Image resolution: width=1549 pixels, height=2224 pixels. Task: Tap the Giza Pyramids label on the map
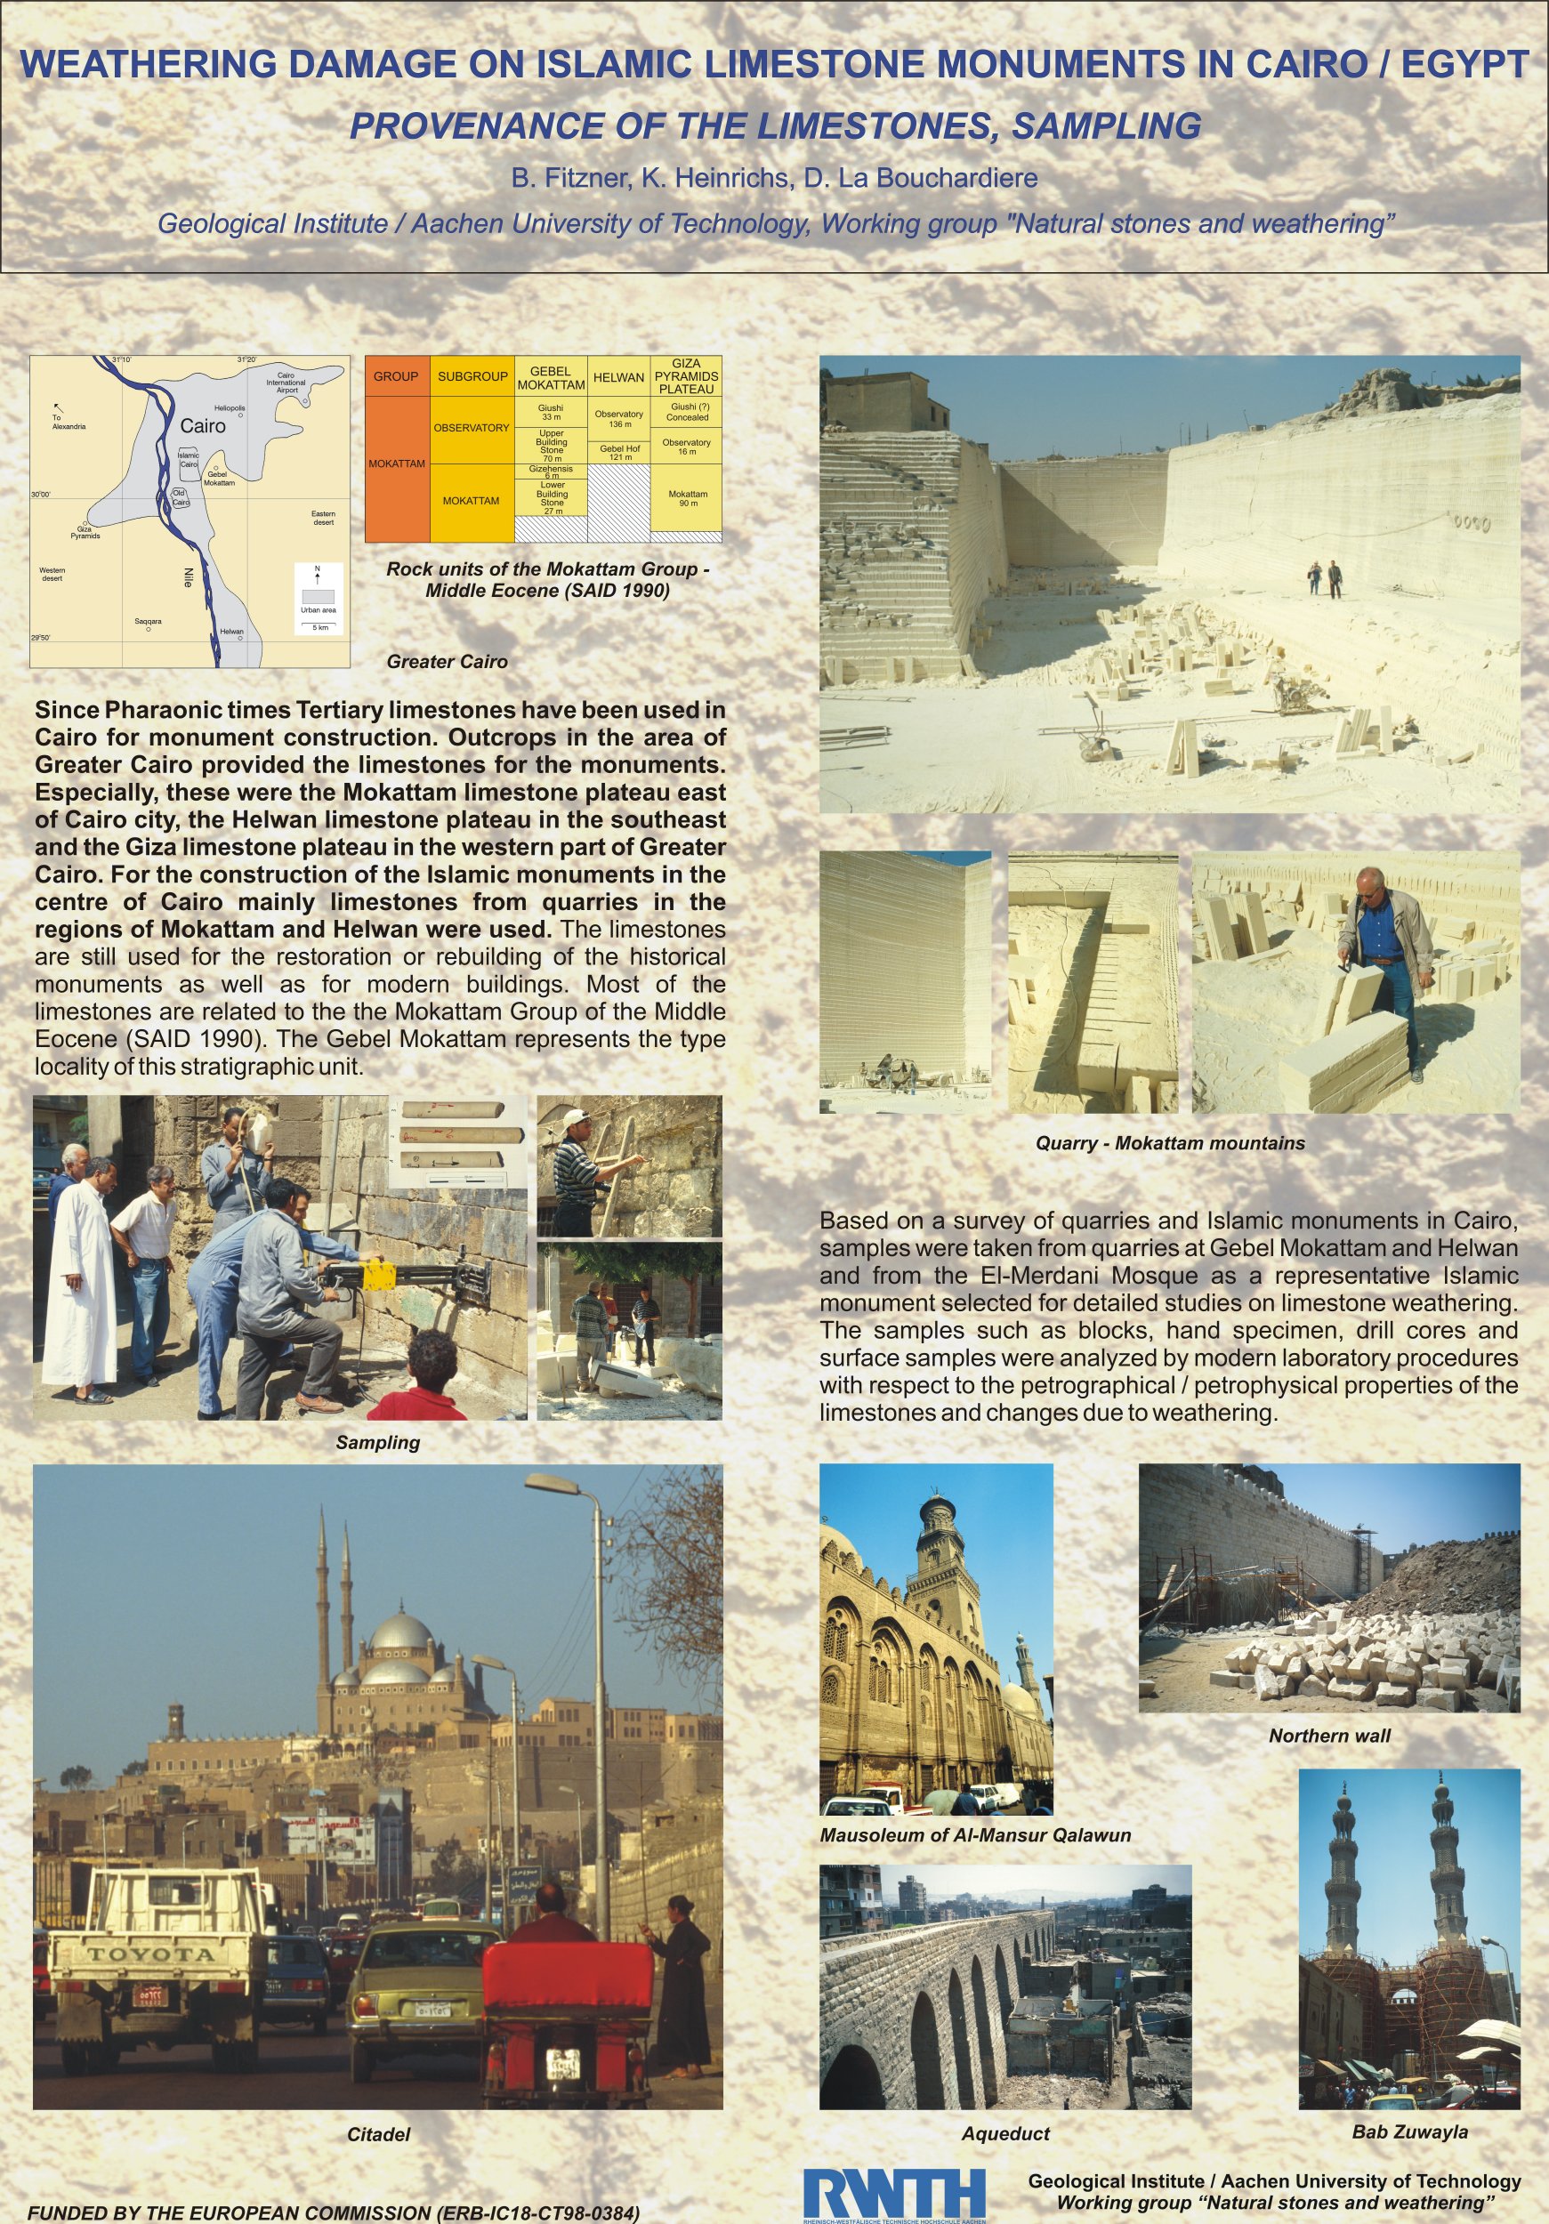click(85, 532)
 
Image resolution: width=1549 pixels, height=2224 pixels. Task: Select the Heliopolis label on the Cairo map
click(230, 407)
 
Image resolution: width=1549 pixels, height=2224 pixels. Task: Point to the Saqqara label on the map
click(149, 621)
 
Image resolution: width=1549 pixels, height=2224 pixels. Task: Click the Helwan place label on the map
click(231, 632)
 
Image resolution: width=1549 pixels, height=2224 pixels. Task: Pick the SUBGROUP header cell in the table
click(472, 375)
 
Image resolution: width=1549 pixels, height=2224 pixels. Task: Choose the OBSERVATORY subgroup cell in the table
click(471, 427)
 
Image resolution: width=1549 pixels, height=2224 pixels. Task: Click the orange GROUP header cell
click(396, 375)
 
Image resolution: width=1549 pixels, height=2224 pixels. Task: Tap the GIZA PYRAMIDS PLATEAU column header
click(686, 375)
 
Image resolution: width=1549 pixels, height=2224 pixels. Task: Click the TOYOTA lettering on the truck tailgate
click(151, 1954)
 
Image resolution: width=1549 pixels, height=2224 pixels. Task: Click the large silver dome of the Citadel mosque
click(400, 1631)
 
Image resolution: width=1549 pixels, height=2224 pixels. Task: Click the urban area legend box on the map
click(318, 595)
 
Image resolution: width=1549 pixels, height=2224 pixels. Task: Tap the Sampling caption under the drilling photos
click(378, 1442)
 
